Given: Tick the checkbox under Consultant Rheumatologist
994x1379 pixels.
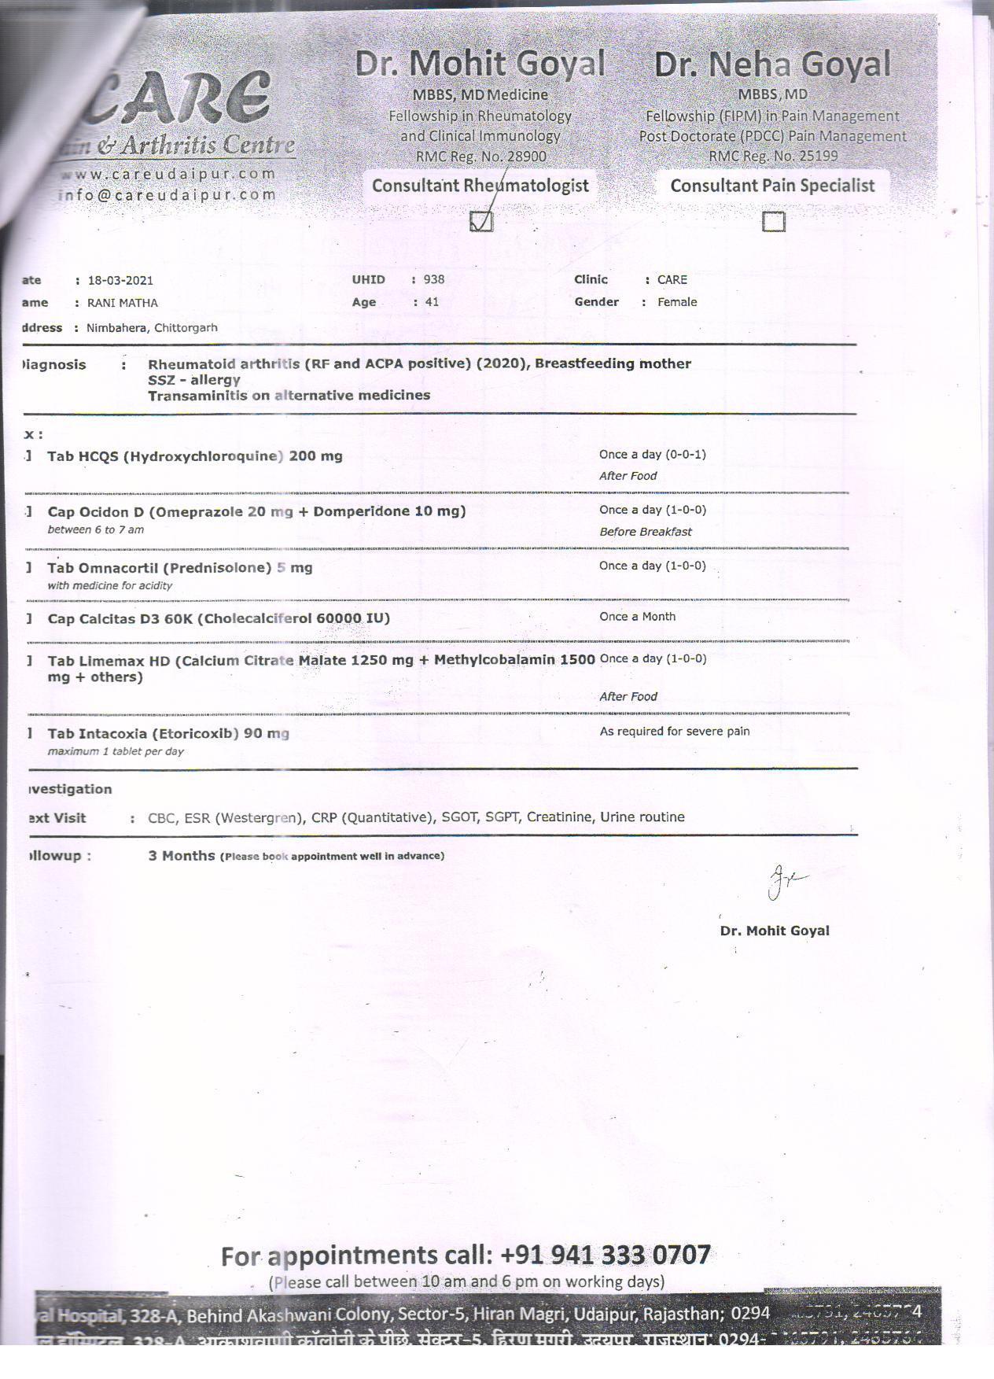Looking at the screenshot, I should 481,222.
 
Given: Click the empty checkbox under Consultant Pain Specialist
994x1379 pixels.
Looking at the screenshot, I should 774,222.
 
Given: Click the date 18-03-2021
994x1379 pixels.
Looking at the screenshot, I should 120,280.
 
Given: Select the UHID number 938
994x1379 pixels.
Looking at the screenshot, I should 433,279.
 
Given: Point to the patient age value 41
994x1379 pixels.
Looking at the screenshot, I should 432,302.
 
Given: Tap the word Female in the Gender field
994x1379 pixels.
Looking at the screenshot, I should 677,302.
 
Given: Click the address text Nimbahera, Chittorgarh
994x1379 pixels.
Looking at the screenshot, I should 152,327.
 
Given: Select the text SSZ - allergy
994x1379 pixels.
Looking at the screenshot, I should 193,379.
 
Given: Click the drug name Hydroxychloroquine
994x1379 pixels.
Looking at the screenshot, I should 204,456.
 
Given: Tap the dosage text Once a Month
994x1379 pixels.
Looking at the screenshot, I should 637,617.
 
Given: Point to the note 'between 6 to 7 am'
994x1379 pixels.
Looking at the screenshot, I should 95,529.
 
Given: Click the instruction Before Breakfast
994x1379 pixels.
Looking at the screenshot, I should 646,532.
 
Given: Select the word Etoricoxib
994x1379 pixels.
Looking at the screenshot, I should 195,734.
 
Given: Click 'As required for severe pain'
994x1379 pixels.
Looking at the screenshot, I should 675,732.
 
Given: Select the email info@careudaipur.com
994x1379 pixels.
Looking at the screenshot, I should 168,195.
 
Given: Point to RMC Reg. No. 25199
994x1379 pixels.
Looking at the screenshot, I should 773,156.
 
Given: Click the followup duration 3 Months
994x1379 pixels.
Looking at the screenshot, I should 181,856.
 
